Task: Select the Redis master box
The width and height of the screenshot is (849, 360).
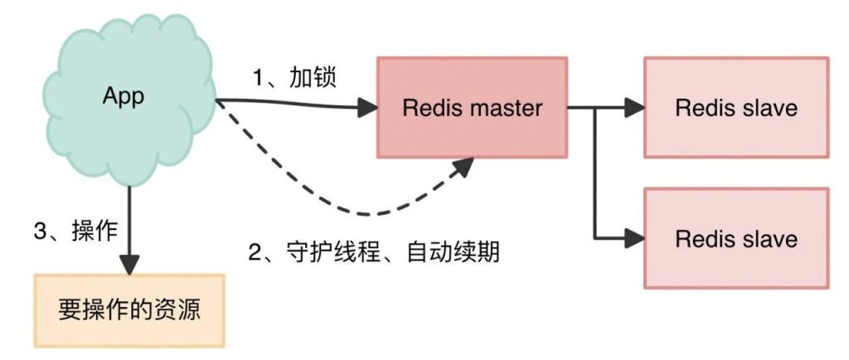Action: [x=473, y=107]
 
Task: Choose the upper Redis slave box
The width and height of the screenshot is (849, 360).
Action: [x=736, y=107]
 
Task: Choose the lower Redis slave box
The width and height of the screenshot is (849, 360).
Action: [x=736, y=239]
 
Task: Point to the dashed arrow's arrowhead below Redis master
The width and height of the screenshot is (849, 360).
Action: [x=464, y=166]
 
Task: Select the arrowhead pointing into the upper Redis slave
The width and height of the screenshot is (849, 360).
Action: [x=635, y=107]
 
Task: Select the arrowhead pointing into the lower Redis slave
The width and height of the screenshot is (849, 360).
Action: [x=635, y=238]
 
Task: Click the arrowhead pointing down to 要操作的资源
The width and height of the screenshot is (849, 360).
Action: [x=129, y=265]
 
